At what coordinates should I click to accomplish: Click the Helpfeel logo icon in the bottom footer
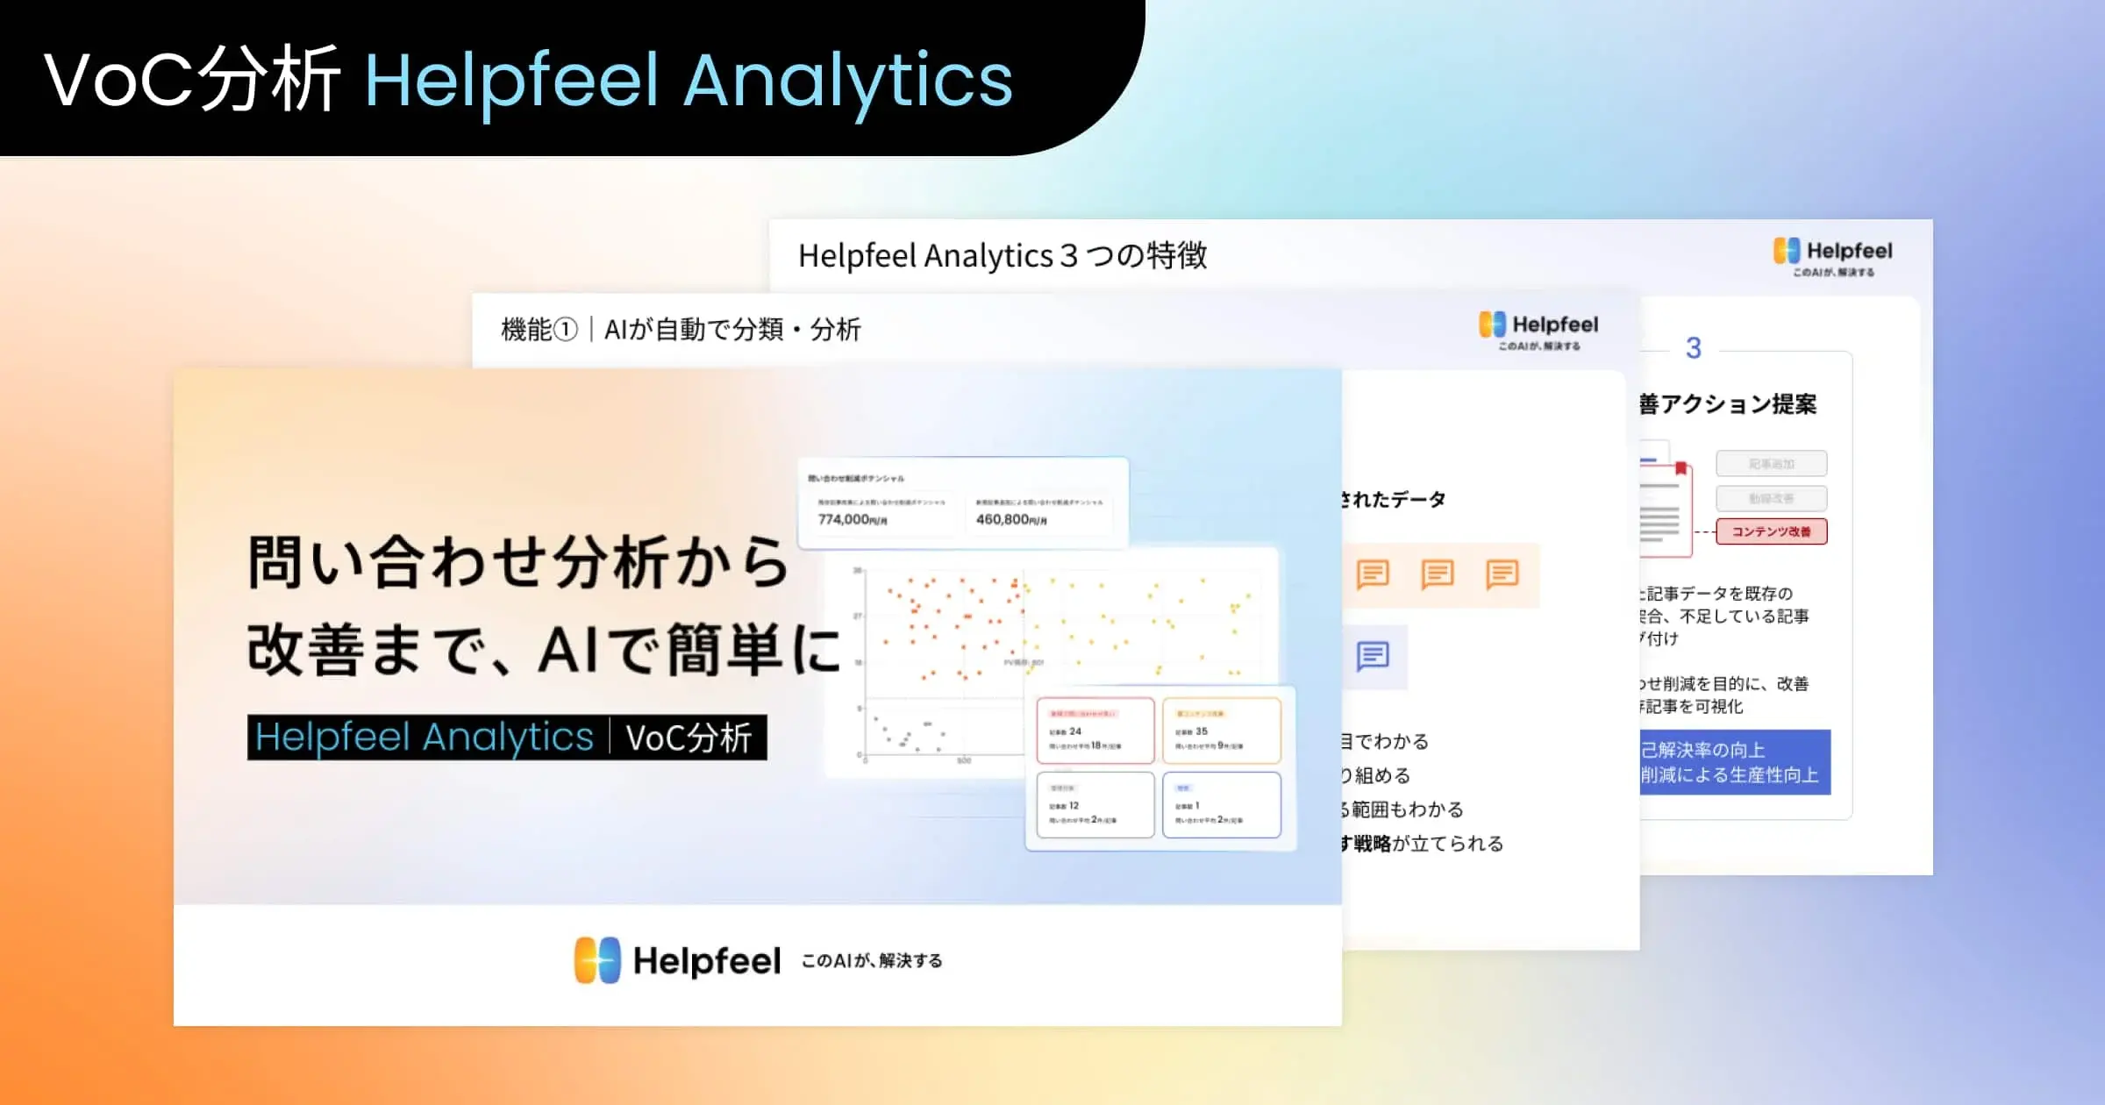tap(597, 960)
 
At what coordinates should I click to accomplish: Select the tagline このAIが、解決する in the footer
tap(872, 961)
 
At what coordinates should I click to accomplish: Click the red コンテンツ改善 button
tap(1771, 531)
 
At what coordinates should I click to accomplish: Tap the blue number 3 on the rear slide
tap(1694, 348)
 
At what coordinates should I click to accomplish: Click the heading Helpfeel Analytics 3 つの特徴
tap(1002, 256)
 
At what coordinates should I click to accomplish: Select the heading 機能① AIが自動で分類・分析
tap(681, 330)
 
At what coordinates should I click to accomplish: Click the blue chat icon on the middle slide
tap(1373, 656)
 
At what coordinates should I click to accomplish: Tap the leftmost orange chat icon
tap(1373, 574)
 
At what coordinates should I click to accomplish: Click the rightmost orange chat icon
tap(1502, 574)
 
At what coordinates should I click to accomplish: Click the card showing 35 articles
tap(1221, 730)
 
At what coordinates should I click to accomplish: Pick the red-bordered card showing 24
tap(1095, 730)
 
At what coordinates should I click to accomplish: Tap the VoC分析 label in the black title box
tap(689, 738)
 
